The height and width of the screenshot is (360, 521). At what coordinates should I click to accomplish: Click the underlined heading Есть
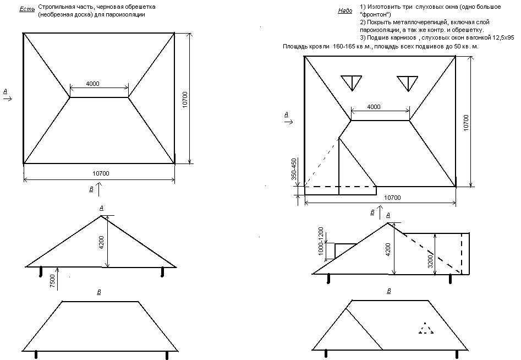point(27,9)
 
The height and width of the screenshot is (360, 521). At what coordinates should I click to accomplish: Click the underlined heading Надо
point(345,10)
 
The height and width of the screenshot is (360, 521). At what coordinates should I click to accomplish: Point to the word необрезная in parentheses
point(57,15)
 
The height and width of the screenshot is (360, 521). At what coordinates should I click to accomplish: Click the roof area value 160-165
point(343,46)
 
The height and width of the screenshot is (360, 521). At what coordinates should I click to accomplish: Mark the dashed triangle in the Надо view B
point(425,328)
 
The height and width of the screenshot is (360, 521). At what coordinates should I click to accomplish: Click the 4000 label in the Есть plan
point(92,84)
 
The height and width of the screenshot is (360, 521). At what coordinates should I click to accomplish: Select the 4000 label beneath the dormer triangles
point(374,107)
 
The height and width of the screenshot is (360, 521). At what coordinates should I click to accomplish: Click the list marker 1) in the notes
point(363,7)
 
